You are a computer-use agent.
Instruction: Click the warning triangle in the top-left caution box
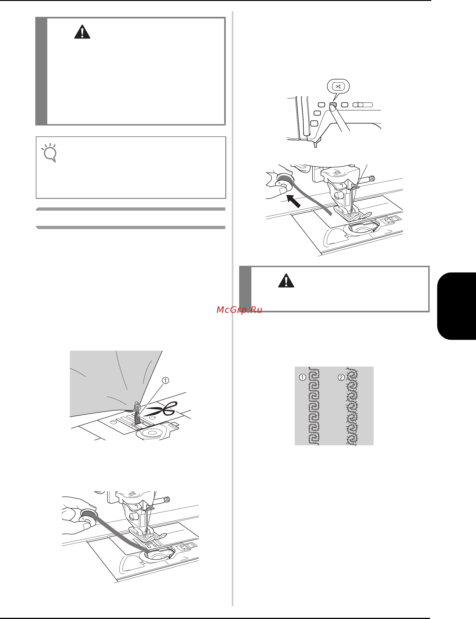pos(82,32)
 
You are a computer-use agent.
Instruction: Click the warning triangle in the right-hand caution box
pos(286,281)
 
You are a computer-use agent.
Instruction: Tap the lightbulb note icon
pos(50,153)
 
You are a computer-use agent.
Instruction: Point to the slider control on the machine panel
pos(363,105)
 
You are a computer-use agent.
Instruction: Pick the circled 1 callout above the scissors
pos(165,380)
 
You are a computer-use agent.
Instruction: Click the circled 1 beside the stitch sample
pos(303,377)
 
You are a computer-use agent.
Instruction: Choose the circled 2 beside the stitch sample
pos(341,377)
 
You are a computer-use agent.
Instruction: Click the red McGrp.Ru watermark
pos(239,310)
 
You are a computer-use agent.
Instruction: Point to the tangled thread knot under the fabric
pos(137,407)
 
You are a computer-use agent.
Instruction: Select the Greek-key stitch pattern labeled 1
pos(314,406)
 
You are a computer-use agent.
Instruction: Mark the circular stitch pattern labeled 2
pos(352,406)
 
